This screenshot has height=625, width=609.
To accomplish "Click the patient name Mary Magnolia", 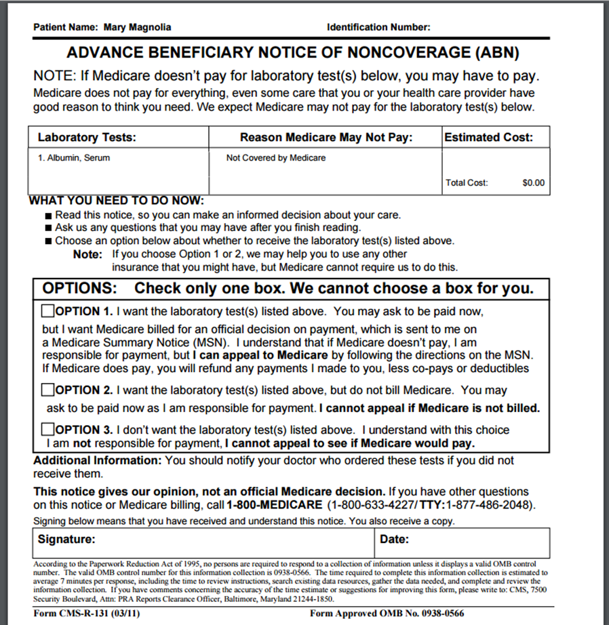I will pyautogui.click(x=137, y=28).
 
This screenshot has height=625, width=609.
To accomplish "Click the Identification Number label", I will pyautogui.click(x=378, y=28).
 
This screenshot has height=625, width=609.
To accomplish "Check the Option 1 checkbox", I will pyautogui.click(x=48, y=312).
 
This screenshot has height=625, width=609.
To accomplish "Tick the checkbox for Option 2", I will pyautogui.click(x=48, y=390).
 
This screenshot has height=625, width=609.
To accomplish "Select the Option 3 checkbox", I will pyautogui.click(x=48, y=430).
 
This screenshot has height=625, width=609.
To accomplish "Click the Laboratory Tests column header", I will pyautogui.click(x=87, y=138).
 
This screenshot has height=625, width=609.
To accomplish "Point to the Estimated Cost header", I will pyautogui.click(x=488, y=138).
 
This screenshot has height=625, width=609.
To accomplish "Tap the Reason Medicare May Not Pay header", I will pyautogui.click(x=326, y=138).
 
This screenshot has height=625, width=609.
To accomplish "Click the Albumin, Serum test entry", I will pyautogui.click(x=74, y=158).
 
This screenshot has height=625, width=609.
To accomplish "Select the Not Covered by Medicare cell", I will pyautogui.click(x=276, y=158).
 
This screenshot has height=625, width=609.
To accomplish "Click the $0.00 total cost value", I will pyautogui.click(x=533, y=182).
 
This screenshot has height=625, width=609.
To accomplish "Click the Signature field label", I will pyautogui.click(x=66, y=540).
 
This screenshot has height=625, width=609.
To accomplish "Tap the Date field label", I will pyautogui.click(x=394, y=540).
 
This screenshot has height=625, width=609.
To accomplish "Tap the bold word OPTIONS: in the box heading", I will pyautogui.click(x=80, y=288).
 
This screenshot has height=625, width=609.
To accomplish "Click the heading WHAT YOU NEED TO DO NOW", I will pyautogui.click(x=116, y=201).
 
